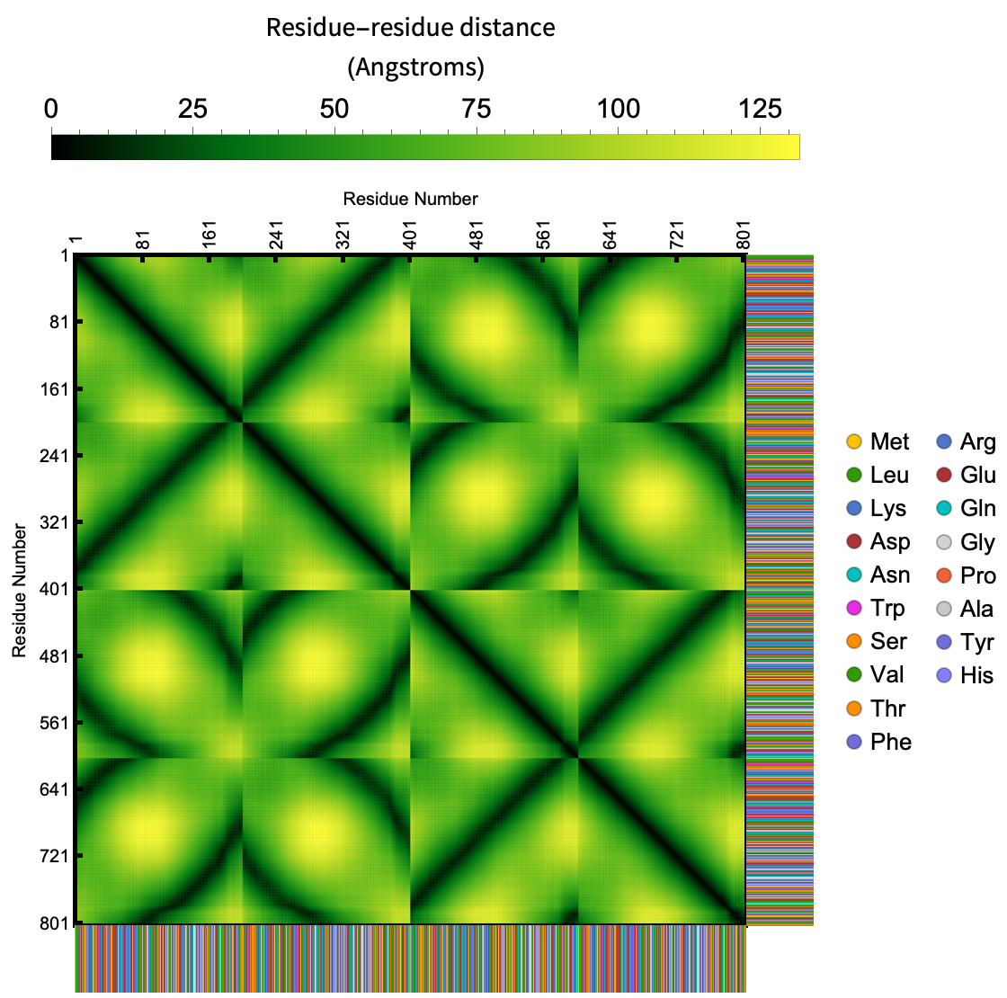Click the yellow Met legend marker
click(x=854, y=441)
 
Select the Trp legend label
click(x=887, y=609)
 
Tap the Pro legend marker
click(x=944, y=575)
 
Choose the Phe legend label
click(x=891, y=742)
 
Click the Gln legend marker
click(x=944, y=509)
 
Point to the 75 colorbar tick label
click(x=477, y=110)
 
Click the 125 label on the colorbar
click(x=761, y=110)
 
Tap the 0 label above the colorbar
click(x=51, y=110)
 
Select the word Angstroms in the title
click(x=414, y=67)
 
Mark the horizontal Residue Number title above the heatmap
click(x=410, y=199)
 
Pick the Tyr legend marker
click(x=944, y=642)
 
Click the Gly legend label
click(x=977, y=542)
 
